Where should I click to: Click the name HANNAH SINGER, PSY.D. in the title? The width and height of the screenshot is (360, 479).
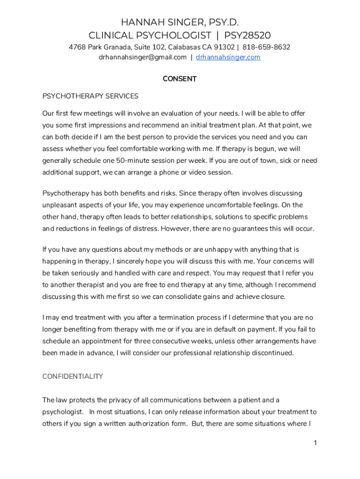click(x=180, y=22)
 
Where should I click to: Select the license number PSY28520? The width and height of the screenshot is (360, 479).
click(x=247, y=36)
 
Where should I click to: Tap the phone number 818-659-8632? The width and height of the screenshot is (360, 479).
click(x=266, y=47)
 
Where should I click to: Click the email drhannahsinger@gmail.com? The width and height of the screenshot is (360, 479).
click(x=143, y=58)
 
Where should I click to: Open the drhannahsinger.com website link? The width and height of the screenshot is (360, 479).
click(x=228, y=58)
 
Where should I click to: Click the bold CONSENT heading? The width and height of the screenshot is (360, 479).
click(x=180, y=79)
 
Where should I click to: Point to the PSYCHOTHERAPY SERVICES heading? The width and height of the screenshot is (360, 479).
click(x=90, y=96)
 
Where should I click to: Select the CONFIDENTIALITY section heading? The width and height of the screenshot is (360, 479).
click(x=72, y=377)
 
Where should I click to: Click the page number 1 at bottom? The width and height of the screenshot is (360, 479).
click(x=315, y=443)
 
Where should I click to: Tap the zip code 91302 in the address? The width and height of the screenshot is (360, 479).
click(x=224, y=47)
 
